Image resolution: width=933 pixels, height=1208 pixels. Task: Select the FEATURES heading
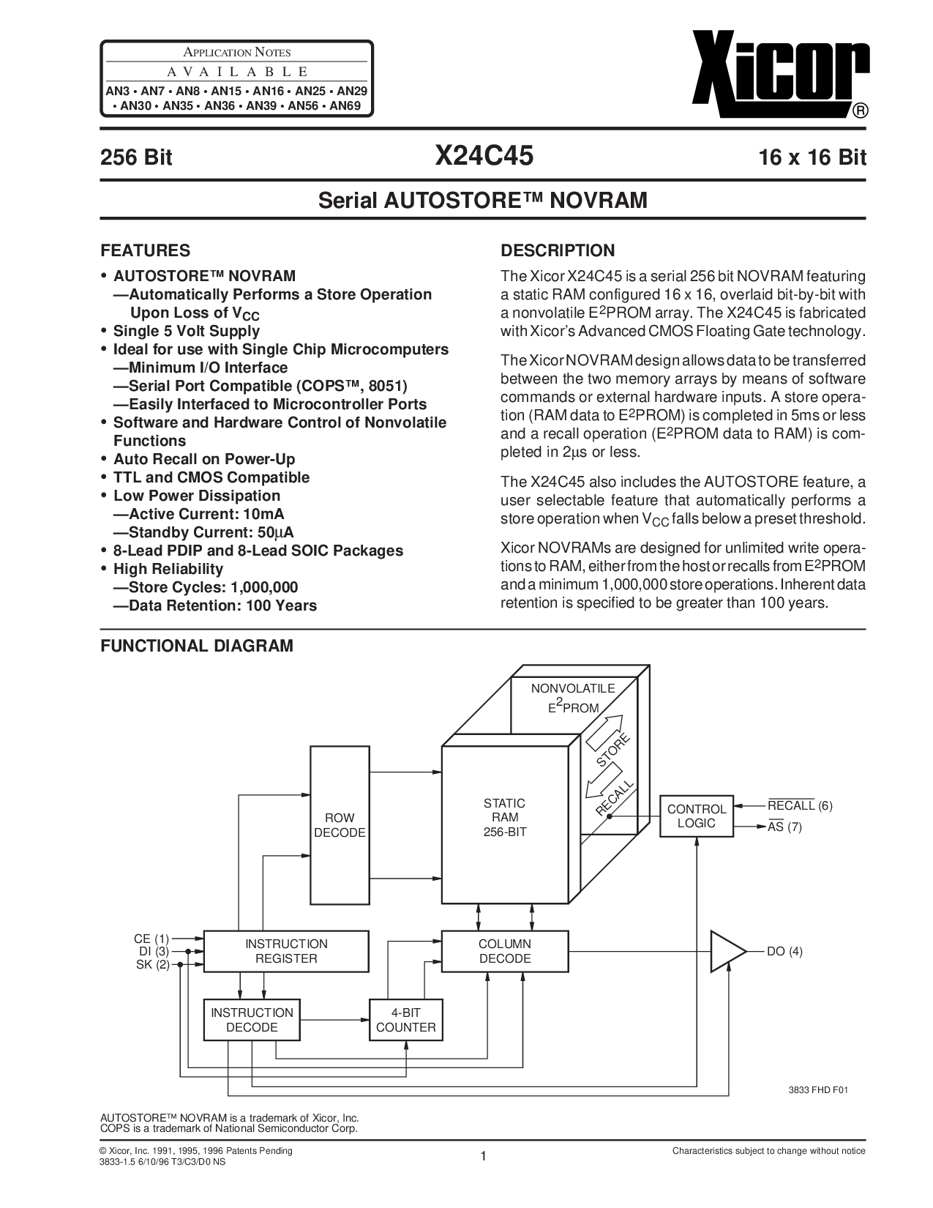(x=145, y=250)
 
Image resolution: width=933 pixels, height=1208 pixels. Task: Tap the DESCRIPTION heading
(x=557, y=250)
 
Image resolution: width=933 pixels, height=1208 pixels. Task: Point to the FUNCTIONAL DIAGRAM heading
(x=196, y=646)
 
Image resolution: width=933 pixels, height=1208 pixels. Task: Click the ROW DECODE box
(x=340, y=825)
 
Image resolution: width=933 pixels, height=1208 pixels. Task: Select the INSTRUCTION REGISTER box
(x=285, y=951)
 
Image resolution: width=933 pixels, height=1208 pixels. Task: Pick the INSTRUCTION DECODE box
(x=252, y=1020)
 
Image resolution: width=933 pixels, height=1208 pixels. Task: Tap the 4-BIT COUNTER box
(x=405, y=1020)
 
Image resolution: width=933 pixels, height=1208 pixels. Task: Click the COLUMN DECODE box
(x=505, y=951)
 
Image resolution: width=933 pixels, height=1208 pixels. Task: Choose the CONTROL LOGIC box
(x=696, y=816)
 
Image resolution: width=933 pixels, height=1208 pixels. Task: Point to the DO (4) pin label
(x=784, y=951)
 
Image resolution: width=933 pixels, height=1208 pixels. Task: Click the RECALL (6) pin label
(x=800, y=806)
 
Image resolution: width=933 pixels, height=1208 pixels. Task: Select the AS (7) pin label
(x=784, y=827)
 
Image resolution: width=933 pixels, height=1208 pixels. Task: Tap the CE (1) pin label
(x=151, y=938)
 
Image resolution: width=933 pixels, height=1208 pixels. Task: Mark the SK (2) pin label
(x=152, y=964)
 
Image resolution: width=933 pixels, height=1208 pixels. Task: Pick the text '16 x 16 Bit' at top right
(x=804, y=157)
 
